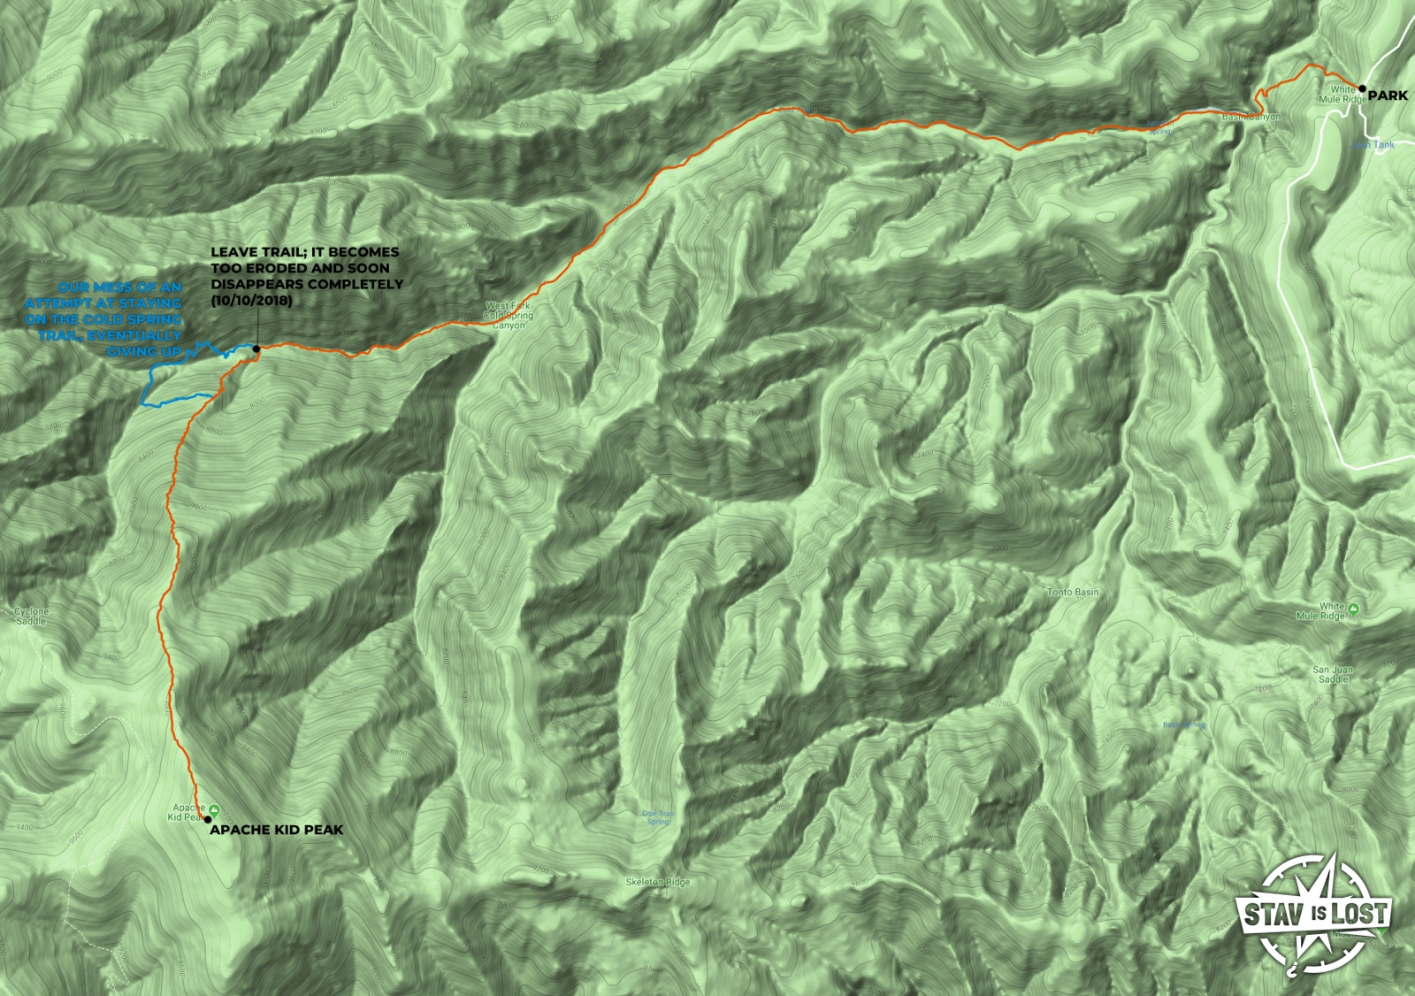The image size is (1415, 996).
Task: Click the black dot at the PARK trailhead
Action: tap(1363, 88)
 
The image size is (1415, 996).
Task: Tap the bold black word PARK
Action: tap(1388, 96)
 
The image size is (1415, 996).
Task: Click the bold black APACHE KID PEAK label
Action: tap(276, 830)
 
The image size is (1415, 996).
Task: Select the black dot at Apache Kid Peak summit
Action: tap(208, 819)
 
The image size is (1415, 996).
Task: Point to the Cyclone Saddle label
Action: tap(31, 617)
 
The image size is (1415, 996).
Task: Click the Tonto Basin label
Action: tap(1072, 592)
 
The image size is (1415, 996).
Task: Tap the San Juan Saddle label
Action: tap(1333, 674)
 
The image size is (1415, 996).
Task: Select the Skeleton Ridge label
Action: tap(657, 882)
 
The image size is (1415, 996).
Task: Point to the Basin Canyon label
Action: tap(1251, 117)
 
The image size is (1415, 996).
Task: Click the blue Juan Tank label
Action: tap(1373, 145)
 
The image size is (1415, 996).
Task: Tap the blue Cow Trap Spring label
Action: tap(658, 817)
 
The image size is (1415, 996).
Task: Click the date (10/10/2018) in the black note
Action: tap(251, 301)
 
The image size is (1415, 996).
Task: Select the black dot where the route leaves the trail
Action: tap(256, 349)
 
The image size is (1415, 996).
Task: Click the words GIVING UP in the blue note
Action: tap(144, 351)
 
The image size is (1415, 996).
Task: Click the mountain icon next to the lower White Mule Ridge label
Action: tap(1354, 609)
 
